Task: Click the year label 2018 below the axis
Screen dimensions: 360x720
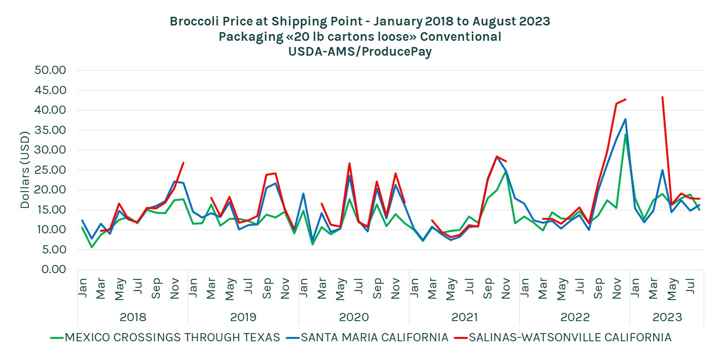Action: pyautogui.click(x=133, y=317)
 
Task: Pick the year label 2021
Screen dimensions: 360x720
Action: pyautogui.click(x=464, y=317)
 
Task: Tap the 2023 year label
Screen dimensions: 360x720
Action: pyautogui.click(x=667, y=317)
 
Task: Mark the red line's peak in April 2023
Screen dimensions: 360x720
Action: pyautogui.click(x=662, y=97)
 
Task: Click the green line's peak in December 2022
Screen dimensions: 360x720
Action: pyautogui.click(x=625, y=134)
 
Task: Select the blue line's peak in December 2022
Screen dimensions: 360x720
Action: pyautogui.click(x=625, y=119)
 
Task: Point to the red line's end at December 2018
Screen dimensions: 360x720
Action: pyautogui.click(x=183, y=163)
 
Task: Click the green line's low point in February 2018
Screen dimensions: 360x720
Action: pyautogui.click(x=92, y=247)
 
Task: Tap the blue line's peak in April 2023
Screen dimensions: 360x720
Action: pyautogui.click(x=662, y=170)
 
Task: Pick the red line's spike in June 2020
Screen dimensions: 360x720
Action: pyautogui.click(x=349, y=163)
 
